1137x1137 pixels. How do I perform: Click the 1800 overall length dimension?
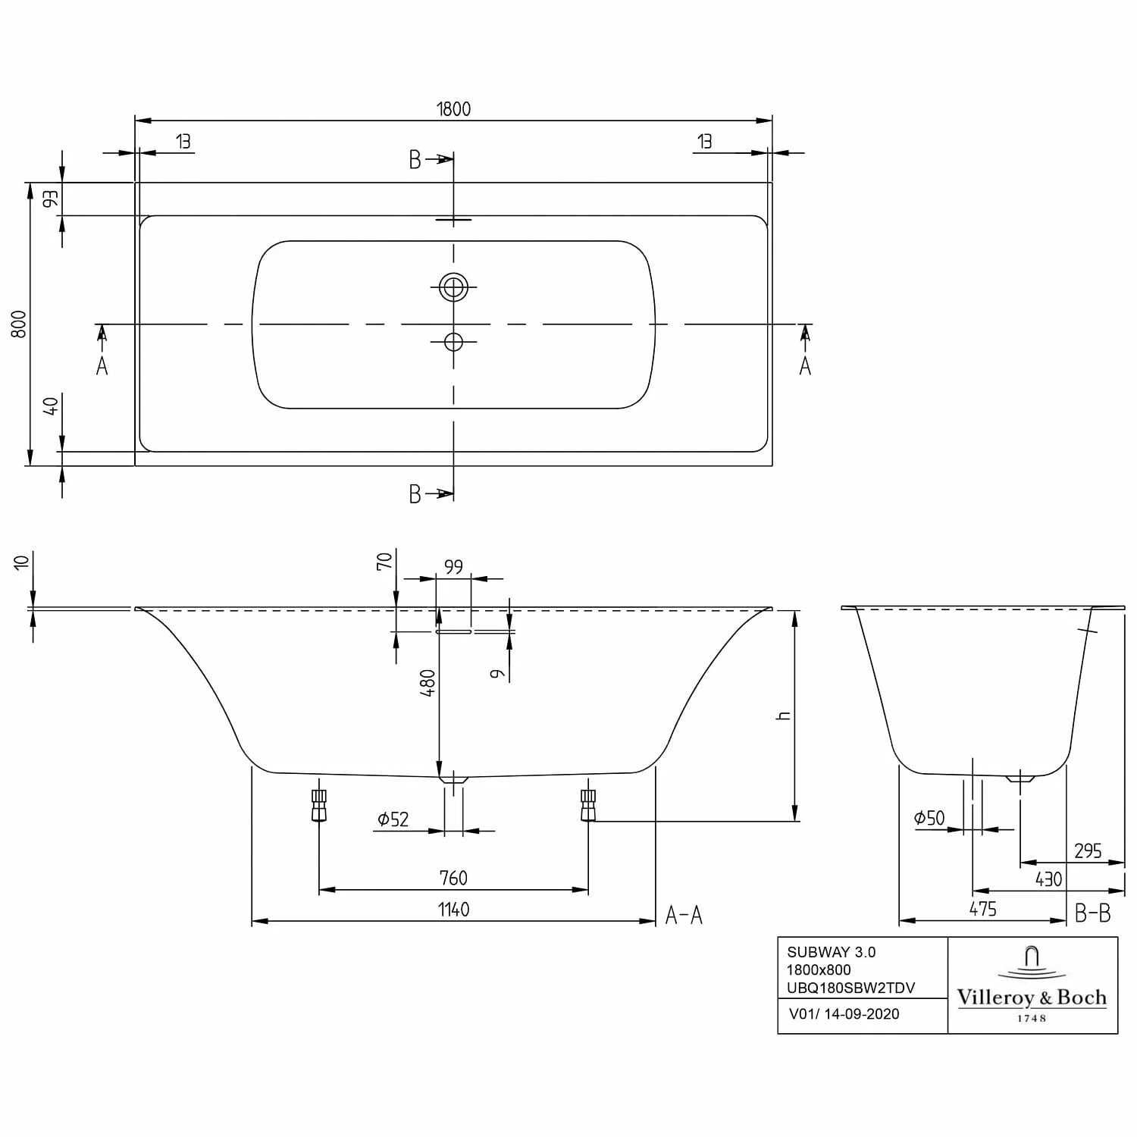[x=453, y=109]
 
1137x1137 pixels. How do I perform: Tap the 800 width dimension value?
[x=20, y=324]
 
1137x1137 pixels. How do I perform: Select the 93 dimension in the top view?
[x=51, y=199]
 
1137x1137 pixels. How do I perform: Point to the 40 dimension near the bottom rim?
[x=51, y=406]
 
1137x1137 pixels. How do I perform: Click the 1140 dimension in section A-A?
[x=453, y=909]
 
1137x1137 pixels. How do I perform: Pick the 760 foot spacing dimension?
[x=453, y=878]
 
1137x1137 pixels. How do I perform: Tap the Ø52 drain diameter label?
[x=393, y=819]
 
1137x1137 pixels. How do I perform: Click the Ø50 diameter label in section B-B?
[x=929, y=818]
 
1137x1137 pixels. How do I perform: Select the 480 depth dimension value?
[x=429, y=683]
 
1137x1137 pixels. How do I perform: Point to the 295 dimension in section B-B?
[x=1088, y=850]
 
